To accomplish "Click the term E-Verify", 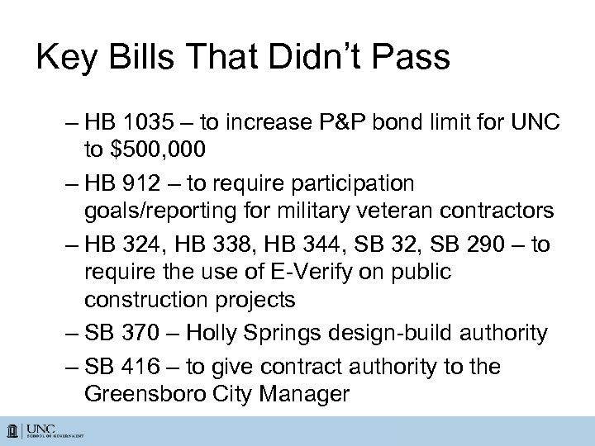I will (311, 271).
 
